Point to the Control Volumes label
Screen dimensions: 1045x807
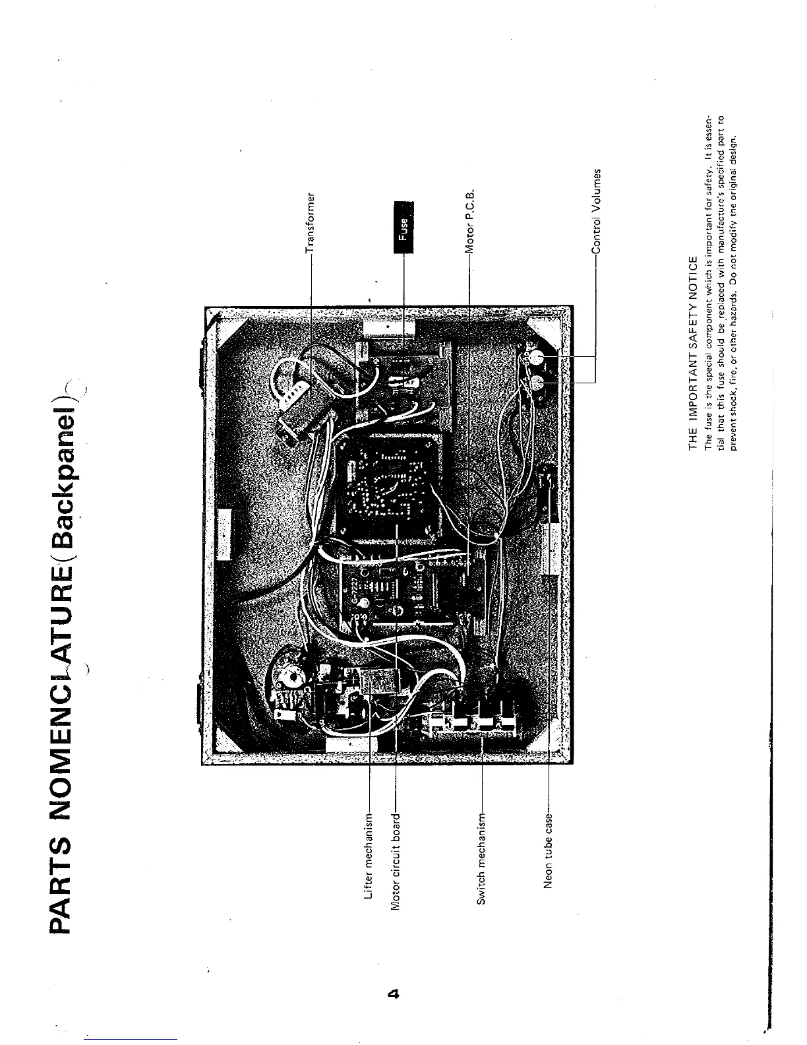[x=596, y=210]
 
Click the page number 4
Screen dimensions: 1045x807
[x=395, y=994]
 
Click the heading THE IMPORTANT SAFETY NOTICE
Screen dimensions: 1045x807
[x=691, y=352]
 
